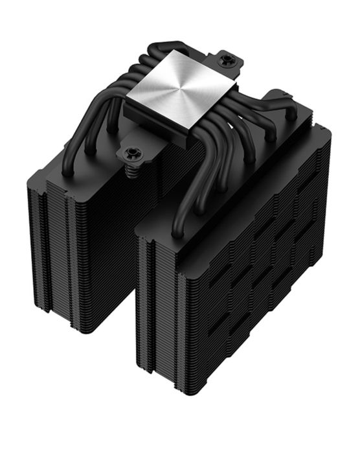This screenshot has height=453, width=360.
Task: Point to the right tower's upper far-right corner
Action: tap(327, 130)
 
